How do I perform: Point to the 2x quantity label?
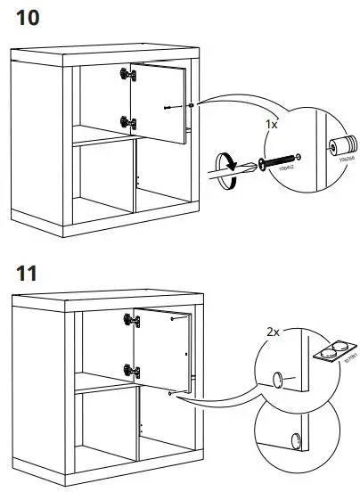272,332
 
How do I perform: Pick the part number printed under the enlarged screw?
284,169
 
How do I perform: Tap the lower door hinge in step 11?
130,367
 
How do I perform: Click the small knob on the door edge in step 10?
192,106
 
